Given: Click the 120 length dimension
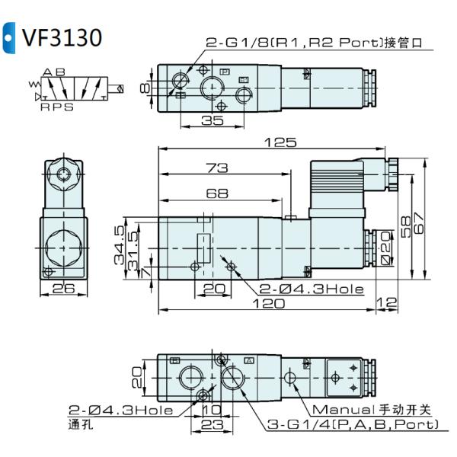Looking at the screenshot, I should [x=268, y=304].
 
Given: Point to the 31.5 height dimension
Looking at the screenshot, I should [x=134, y=251].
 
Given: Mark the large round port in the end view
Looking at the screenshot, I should [x=60, y=248].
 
